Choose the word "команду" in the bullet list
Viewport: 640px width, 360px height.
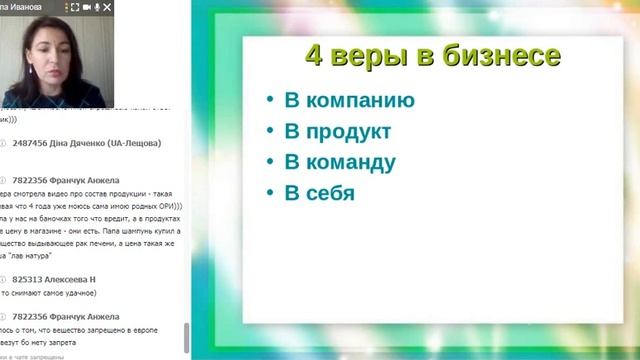pos(343,162)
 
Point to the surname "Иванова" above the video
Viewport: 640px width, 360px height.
pos(27,7)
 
